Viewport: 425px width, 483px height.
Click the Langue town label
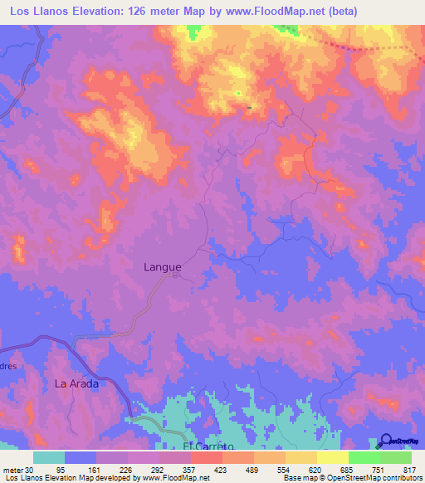point(162,267)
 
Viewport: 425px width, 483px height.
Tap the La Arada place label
point(76,383)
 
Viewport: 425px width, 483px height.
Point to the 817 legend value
point(406,469)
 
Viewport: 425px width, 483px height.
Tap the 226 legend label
point(126,469)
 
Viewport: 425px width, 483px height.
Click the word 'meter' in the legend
point(12,469)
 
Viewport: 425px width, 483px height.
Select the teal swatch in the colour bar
point(49,457)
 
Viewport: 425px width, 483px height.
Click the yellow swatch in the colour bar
point(332,457)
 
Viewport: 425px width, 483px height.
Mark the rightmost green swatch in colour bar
point(396,457)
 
